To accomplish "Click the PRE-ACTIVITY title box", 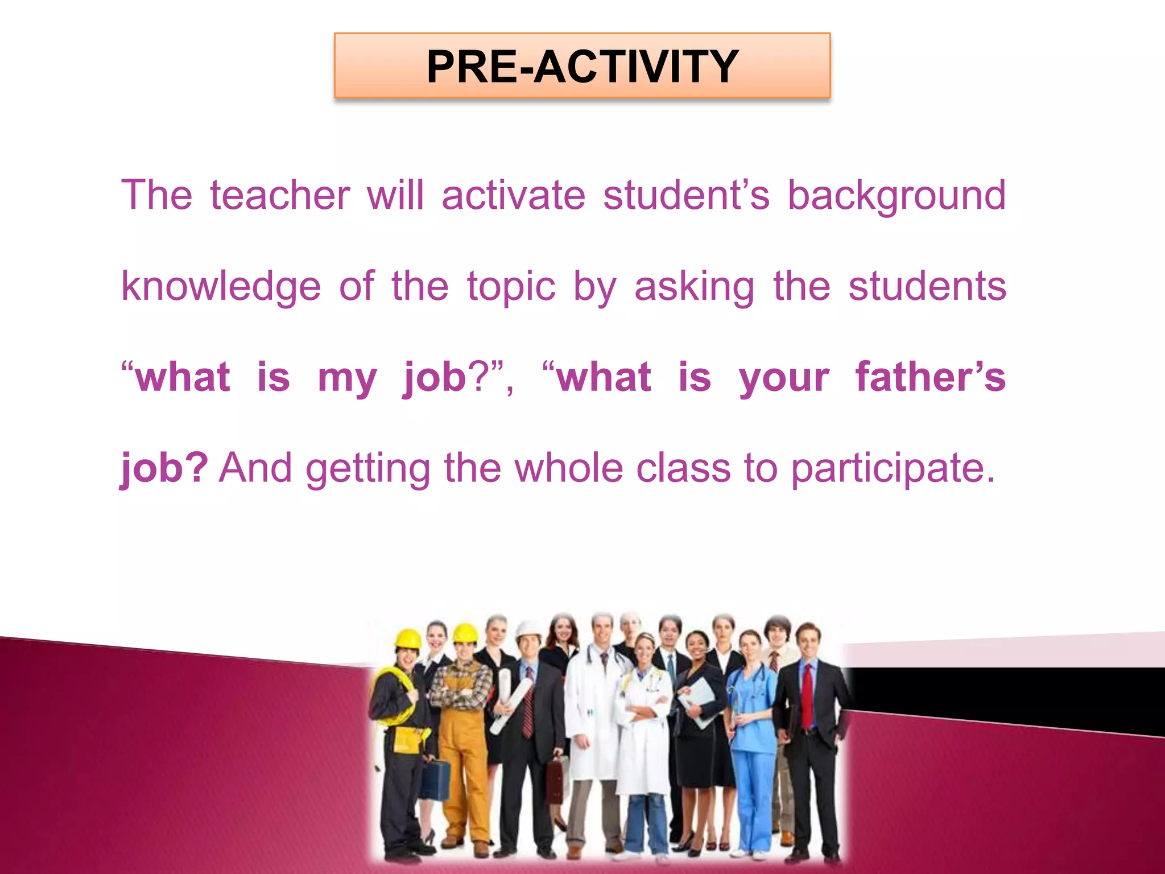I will click(582, 65).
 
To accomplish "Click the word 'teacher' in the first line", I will click(280, 195).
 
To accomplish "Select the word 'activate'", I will click(513, 195).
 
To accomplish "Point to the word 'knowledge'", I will click(221, 287).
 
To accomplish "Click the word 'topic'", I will click(511, 287).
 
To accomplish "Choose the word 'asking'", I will click(694, 287).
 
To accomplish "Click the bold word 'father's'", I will click(931, 377).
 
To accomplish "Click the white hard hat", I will click(528, 629).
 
